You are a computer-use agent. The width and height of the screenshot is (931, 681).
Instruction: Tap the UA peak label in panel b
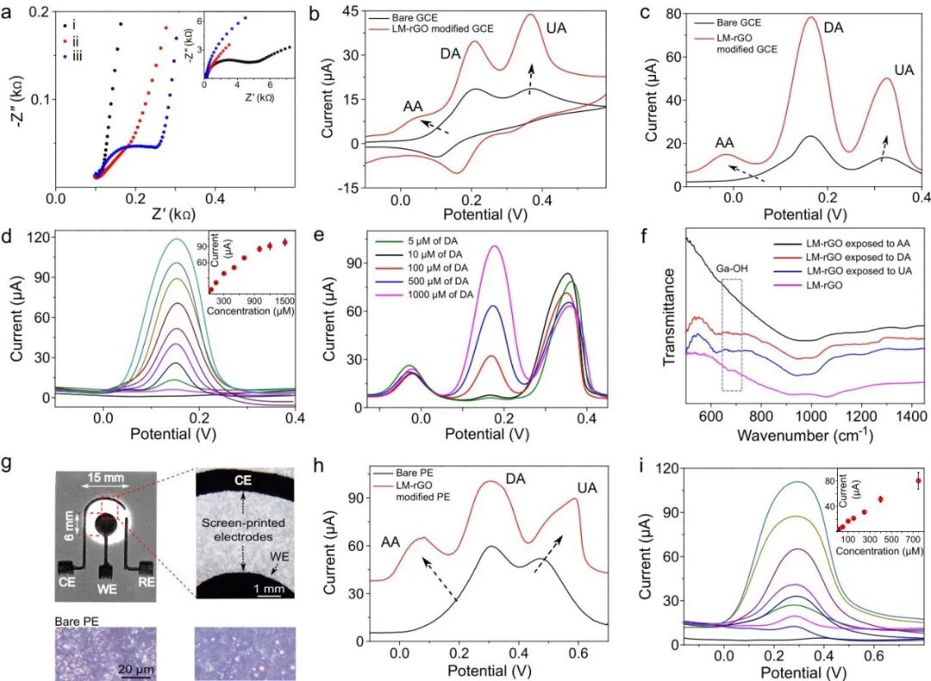pyautogui.click(x=557, y=28)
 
